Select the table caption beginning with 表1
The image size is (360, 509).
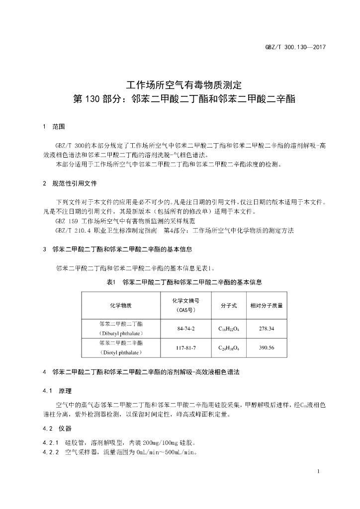tap(184, 282)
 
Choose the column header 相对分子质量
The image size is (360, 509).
tap(267, 305)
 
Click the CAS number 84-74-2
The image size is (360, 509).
tap(186, 329)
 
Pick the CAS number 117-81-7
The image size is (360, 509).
tap(186, 347)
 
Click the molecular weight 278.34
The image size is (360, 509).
tap(267, 329)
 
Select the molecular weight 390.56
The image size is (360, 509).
tap(267, 347)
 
